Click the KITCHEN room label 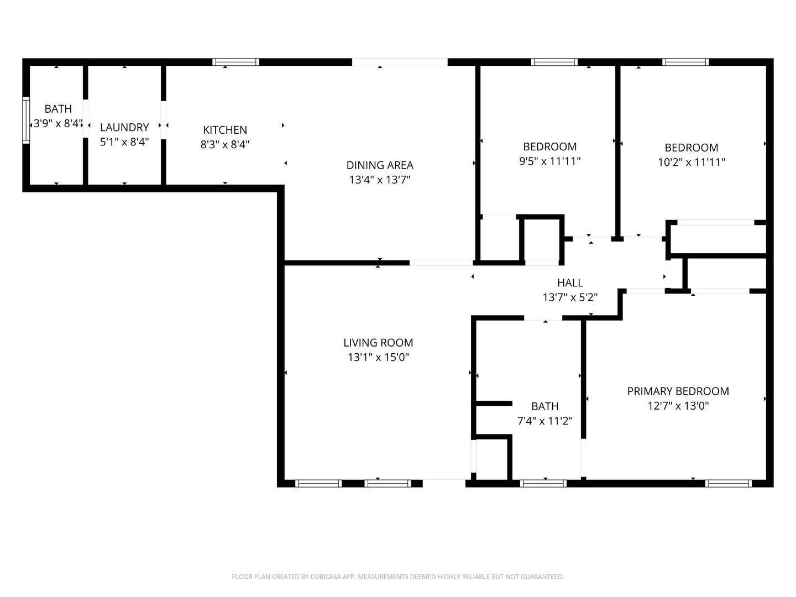pos(225,130)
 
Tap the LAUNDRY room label pos(124,127)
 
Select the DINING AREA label pos(380,165)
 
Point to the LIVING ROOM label pos(378,343)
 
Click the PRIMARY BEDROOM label pos(678,391)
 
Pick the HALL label pos(570,282)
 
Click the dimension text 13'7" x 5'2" pos(570,297)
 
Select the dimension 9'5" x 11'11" pos(550,161)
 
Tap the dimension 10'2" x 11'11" pos(691,162)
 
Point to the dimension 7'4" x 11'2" pos(544,421)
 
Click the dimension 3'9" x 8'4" pos(58,124)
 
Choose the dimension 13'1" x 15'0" pos(378,358)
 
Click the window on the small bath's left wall pos(26,120)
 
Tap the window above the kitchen pos(235,62)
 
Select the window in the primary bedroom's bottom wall pos(729,483)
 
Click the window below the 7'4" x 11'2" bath pos(543,483)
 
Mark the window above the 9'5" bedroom pos(554,62)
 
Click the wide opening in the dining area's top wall pos(400,62)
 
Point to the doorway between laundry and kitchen pos(164,120)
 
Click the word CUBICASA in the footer pos(325,577)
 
